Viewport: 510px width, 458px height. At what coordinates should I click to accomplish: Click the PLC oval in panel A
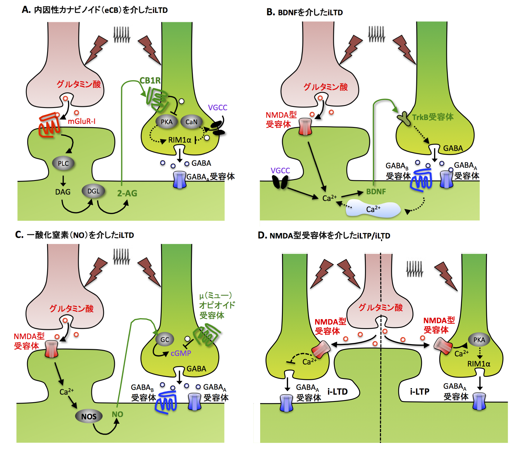(63, 163)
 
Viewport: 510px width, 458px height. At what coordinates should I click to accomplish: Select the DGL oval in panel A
(93, 191)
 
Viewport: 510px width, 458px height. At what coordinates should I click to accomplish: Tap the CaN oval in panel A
(191, 122)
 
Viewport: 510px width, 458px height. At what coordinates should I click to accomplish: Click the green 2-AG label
(127, 193)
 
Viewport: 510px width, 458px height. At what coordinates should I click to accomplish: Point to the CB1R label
(150, 81)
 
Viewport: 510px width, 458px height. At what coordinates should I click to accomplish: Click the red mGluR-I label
(82, 121)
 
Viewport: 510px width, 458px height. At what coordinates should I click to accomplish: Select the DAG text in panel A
(63, 192)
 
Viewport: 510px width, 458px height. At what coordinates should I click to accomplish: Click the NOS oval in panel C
(89, 416)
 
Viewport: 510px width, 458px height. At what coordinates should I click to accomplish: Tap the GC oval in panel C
(165, 340)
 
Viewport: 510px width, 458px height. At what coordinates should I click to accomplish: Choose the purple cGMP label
(181, 353)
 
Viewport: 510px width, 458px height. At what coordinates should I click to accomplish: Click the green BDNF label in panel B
(376, 192)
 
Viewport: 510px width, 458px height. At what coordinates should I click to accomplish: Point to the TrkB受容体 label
(433, 117)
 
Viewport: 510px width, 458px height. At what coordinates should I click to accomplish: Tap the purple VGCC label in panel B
(280, 171)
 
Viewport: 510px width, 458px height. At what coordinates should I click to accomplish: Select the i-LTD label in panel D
(337, 392)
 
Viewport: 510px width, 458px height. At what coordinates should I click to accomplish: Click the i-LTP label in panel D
(420, 392)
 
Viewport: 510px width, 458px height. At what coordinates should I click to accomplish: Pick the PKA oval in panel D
(479, 340)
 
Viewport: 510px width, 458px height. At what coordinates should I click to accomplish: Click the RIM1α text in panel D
(479, 364)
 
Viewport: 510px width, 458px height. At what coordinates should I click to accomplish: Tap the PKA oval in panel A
(167, 122)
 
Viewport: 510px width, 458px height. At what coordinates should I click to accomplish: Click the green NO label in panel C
(117, 414)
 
